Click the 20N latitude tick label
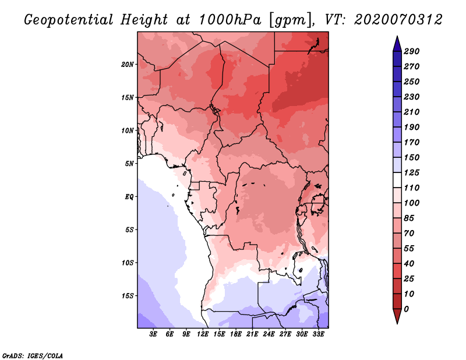(128, 65)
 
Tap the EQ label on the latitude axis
(129, 197)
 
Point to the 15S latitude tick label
(128, 296)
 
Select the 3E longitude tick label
(153, 334)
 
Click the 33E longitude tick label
(318, 334)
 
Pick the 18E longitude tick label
(236, 334)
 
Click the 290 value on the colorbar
(412, 51)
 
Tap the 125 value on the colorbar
(412, 172)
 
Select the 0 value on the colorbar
(406, 309)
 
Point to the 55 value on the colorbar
(409, 249)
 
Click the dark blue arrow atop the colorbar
(397, 44)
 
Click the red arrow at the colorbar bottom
(397, 316)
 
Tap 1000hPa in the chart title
(230, 20)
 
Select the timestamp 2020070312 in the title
(398, 20)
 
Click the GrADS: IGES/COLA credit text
(33, 356)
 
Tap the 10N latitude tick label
(128, 130)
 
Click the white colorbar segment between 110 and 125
(397, 180)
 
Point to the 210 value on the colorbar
(412, 112)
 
